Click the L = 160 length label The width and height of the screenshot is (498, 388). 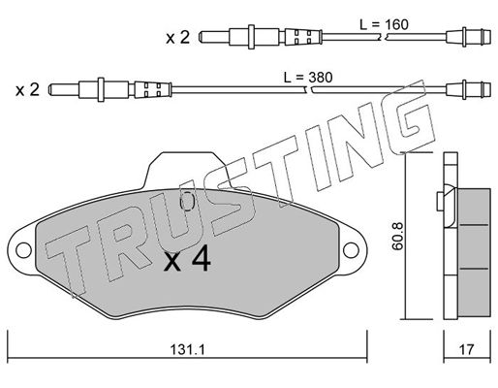pyautogui.click(x=384, y=24)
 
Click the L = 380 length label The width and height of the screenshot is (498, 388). pyautogui.click(x=308, y=78)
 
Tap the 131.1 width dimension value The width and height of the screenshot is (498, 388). pyautogui.click(x=187, y=349)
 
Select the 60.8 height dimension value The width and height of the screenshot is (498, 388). pyautogui.click(x=398, y=237)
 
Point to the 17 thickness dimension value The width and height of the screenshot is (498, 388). pyautogui.click(x=466, y=349)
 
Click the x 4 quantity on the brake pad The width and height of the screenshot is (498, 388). pyautogui.click(x=187, y=260)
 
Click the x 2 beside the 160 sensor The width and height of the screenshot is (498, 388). pyautogui.click(x=178, y=38)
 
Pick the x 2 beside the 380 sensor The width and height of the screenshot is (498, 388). pyautogui.click(x=27, y=89)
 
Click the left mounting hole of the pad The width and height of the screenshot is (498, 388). pyautogui.click(x=23, y=250)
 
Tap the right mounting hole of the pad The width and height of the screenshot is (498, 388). pyautogui.click(x=351, y=250)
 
